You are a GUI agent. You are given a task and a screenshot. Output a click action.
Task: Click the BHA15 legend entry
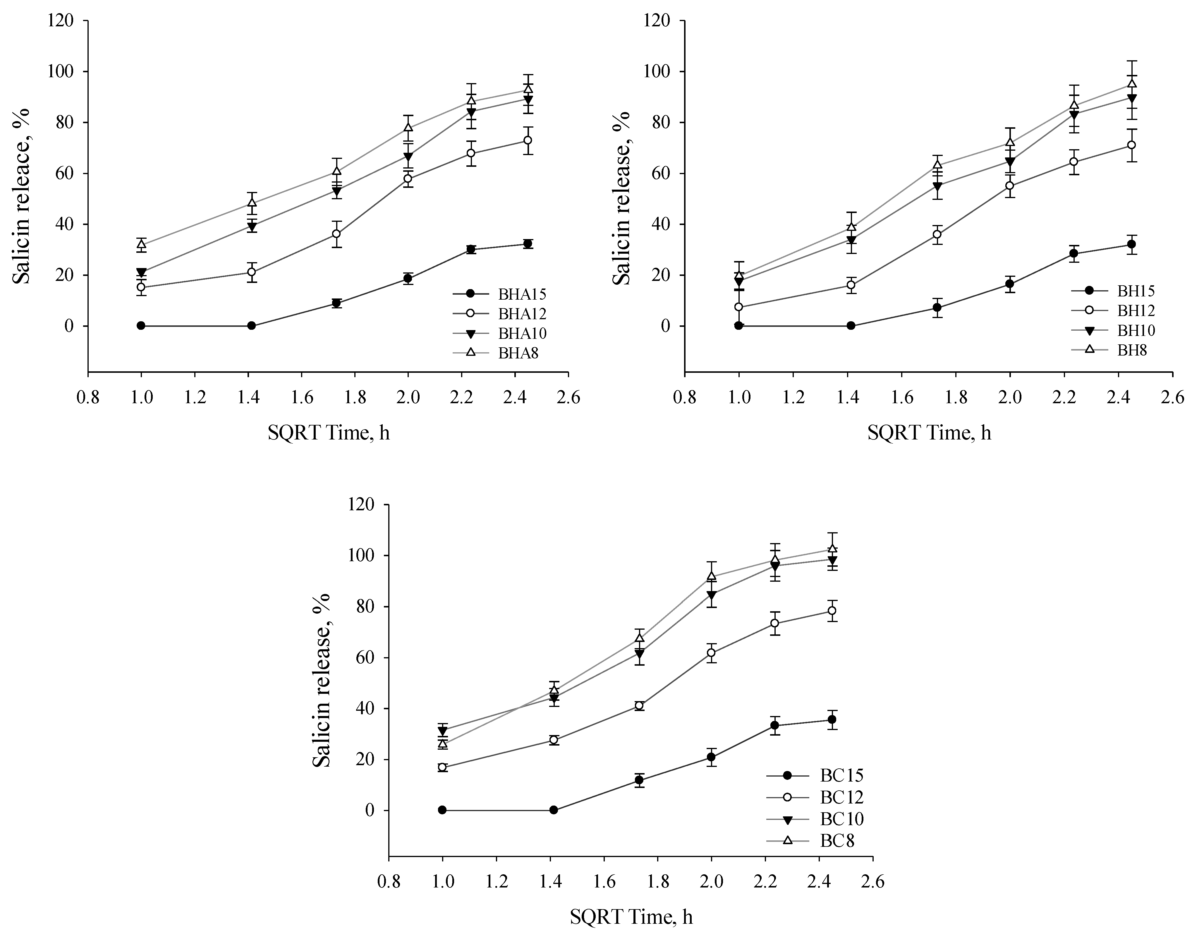tap(522, 294)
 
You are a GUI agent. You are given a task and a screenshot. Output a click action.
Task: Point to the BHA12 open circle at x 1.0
tap(141, 287)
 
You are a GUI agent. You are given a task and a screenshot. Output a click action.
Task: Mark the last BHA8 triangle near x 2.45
tap(528, 89)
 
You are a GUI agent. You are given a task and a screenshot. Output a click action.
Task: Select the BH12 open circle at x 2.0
tap(1010, 186)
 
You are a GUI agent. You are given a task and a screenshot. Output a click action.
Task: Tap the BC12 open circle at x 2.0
tap(711, 653)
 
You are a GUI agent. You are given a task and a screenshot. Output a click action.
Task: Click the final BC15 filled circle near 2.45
tap(832, 720)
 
